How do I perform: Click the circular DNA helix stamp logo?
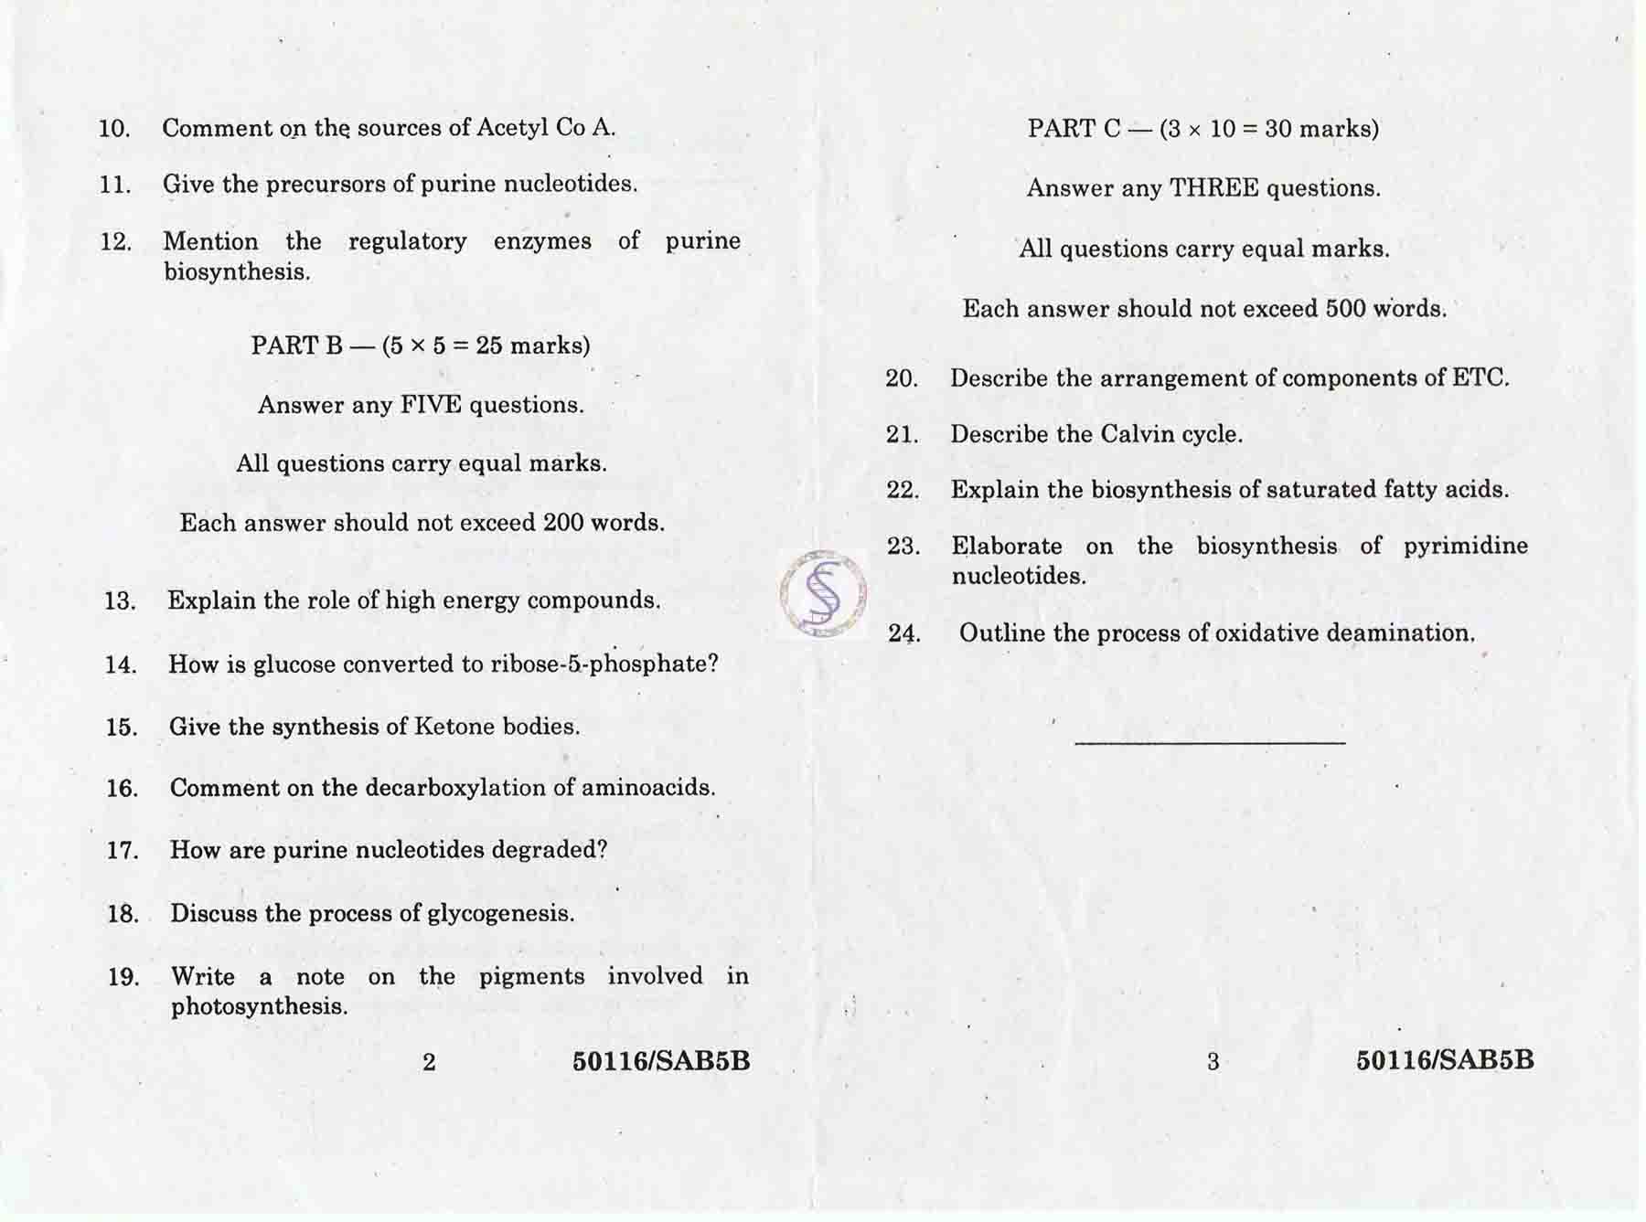point(823,594)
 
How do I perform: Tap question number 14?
point(121,665)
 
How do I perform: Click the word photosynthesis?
point(259,1007)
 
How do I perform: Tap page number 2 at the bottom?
point(429,1062)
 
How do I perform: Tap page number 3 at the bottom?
point(1213,1062)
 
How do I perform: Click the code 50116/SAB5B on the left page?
point(661,1061)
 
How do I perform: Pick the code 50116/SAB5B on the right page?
point(1445,1060)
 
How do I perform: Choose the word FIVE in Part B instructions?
point(431,405)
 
